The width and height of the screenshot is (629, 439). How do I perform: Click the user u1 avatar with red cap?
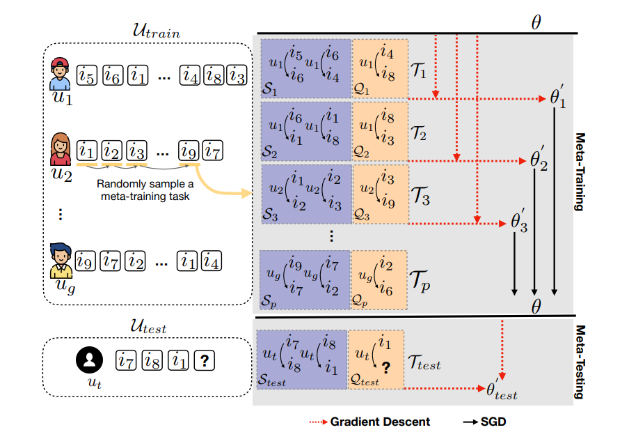(x=61, y=75)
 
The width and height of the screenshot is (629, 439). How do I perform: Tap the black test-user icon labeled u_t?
(x=88, y=360)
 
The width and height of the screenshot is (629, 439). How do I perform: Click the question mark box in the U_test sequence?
(x=205, y=360)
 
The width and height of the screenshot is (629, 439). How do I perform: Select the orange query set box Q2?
(x=379, y=131)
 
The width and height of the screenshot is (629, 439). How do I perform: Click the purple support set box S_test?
(x=302, y=359)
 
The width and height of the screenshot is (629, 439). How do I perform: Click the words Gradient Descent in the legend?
(x=380, y=422)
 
